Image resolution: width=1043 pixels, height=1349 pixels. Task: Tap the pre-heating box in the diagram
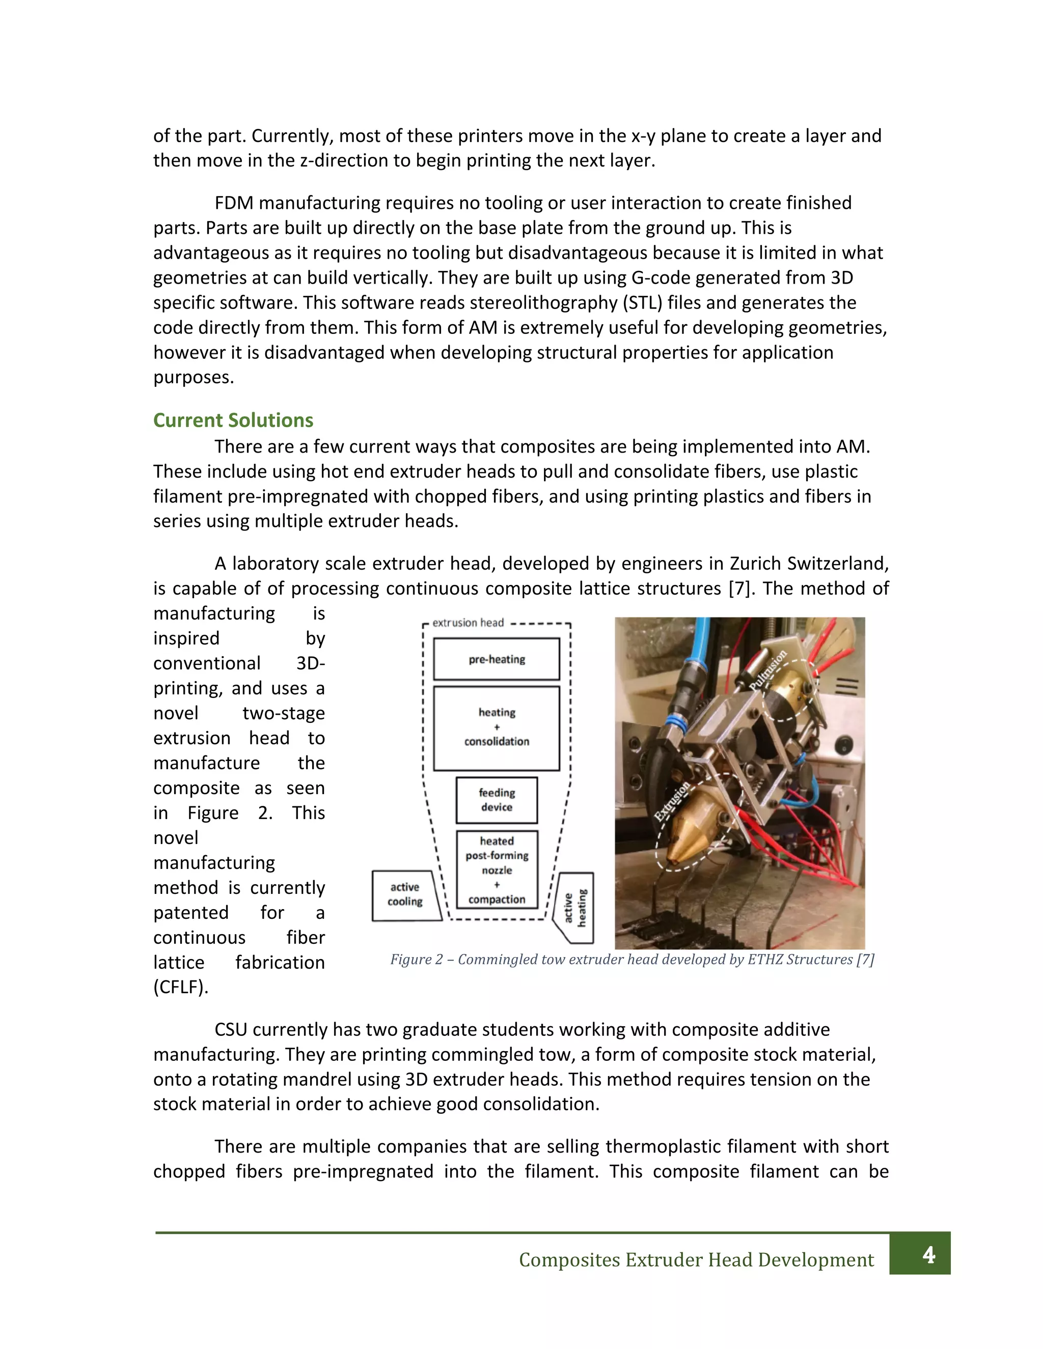pos(496,659)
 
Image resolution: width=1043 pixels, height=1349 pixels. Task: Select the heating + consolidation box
pos(496,727)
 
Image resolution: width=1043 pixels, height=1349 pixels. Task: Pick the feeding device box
pos(496,800)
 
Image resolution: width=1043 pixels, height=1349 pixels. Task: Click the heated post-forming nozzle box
pos(496,869)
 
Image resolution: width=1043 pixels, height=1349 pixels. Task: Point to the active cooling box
pos(405,895)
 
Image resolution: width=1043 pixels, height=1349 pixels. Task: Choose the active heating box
pos(575,908)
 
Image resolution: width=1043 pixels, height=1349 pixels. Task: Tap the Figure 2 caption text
pos(632,959)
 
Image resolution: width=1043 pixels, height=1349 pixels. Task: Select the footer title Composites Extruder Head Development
pos(696,1260)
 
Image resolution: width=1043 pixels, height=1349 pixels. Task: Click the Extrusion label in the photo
pos(672,801)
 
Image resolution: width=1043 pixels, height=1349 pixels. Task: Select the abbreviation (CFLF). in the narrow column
pos(180,987)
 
